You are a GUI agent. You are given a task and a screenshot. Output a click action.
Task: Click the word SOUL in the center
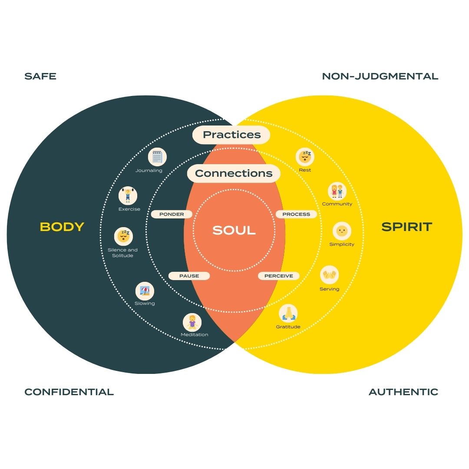[234, 230]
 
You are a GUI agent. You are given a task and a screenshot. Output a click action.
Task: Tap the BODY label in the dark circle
[62, 227]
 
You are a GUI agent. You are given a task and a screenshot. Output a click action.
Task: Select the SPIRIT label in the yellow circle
[406, 227]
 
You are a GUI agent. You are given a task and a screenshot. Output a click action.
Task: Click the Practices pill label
[231, 135]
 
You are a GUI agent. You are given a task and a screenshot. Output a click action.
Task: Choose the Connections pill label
[234, 173]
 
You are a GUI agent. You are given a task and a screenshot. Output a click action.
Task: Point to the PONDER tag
[172, 214]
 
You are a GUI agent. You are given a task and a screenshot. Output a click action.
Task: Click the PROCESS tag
[296, 214]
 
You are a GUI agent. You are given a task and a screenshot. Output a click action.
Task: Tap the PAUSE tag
[189, 276]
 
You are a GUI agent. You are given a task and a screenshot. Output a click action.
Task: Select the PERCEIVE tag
[278, 276]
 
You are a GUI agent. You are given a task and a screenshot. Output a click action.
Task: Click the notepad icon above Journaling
[157, 157]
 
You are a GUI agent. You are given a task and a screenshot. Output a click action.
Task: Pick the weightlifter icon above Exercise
[128, 195]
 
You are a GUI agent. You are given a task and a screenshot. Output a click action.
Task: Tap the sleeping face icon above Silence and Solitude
[124, 237]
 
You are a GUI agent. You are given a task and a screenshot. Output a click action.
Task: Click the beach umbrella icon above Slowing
[145, 291]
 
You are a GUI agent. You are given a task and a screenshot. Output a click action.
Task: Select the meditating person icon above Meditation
[192, 322]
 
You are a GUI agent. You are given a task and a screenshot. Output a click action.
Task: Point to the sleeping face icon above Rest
[305, 157]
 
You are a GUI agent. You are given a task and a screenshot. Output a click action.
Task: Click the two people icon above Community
[337, 191]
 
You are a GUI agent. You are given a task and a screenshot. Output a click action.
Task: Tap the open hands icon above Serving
[329, 275]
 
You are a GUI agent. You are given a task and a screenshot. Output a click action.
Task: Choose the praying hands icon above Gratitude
[288, 313]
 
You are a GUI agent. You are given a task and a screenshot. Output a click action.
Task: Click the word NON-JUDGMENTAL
[380, 76]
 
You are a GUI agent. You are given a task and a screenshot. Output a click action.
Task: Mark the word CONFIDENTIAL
[69, 392]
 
